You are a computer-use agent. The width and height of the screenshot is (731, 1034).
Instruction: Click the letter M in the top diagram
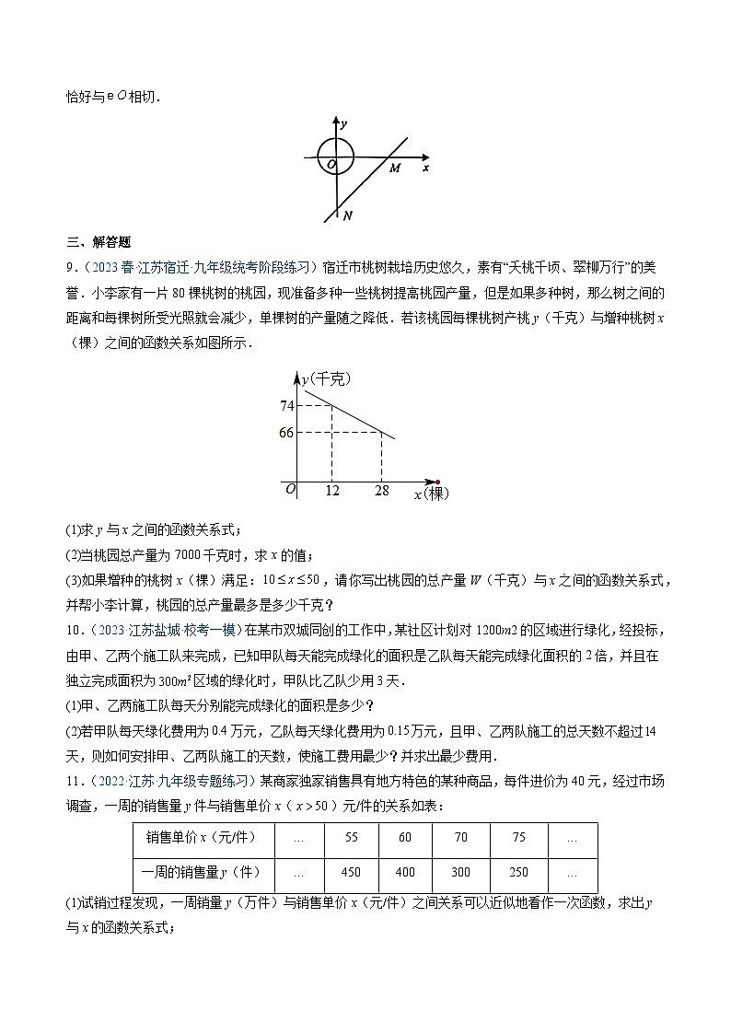click(394, 168)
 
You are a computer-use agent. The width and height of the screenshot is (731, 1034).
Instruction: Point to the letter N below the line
click(348, 215)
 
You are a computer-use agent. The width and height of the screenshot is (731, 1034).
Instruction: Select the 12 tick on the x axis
click(332, 492)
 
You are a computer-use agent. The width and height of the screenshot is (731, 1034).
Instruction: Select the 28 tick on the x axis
click(381, 492)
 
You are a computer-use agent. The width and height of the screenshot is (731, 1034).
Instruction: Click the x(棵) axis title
click(430, 494)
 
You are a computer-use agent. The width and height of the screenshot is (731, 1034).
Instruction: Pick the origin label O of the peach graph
click(290, 489)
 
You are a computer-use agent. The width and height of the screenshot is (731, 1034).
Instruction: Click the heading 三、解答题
click(99, 243)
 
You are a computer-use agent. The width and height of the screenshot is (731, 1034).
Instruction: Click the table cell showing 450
click(351, 873)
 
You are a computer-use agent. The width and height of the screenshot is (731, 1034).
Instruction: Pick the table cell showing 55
click(351, 839)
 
